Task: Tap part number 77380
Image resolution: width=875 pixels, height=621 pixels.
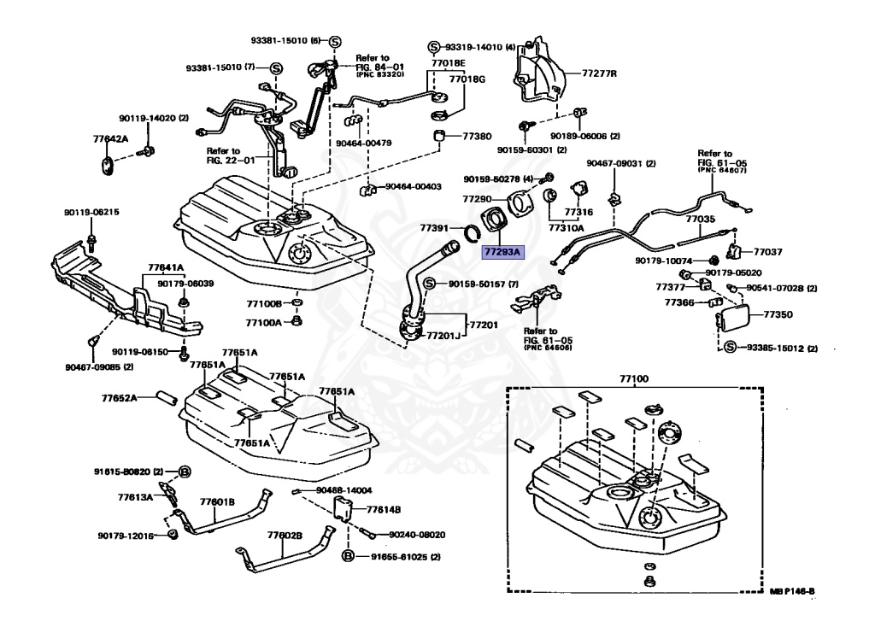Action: pos(478,136)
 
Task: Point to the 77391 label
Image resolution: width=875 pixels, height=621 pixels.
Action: pos(436,228)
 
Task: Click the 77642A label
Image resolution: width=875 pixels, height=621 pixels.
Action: pos(110,138)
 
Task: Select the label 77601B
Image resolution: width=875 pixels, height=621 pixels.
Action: pos(218,501)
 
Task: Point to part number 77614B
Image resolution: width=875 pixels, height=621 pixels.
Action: pos(382,510)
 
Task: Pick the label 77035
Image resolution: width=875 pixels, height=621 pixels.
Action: pos(700,219)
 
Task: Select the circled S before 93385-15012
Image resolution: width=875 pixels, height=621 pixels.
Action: pos(731,348)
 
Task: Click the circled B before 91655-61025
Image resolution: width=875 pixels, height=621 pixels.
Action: pos(349,556)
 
